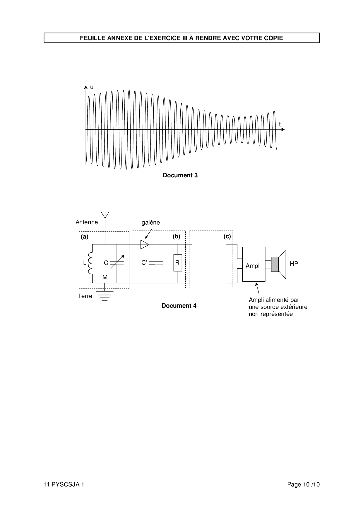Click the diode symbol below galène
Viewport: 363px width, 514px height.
[x=145, y=244]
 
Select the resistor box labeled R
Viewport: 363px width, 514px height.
[x=178, y=263]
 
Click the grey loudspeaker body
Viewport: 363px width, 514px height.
[x=275, y=264]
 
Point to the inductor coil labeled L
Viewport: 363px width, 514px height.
[x=90, y=263]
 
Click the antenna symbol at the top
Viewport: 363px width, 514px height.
[x=105, y=215]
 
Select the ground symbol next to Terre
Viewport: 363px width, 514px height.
[x=105, y=296]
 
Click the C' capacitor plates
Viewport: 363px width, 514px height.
[x=156, y=263]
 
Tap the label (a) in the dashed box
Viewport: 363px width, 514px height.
[x=85, y=237]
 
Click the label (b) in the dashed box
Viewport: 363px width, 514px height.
[x=176, y=236]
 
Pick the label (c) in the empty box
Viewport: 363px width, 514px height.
[x=227, y=236]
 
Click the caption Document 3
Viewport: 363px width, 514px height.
[x=180, y=175]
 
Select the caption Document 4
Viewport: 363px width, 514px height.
[x=179, y=306]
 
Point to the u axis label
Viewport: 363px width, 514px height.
[x=92, y=87]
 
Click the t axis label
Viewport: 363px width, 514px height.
[x=280, y=124]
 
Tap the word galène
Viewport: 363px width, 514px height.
[x=151, y=223]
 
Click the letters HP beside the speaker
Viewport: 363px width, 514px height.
[x=294, y=264]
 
